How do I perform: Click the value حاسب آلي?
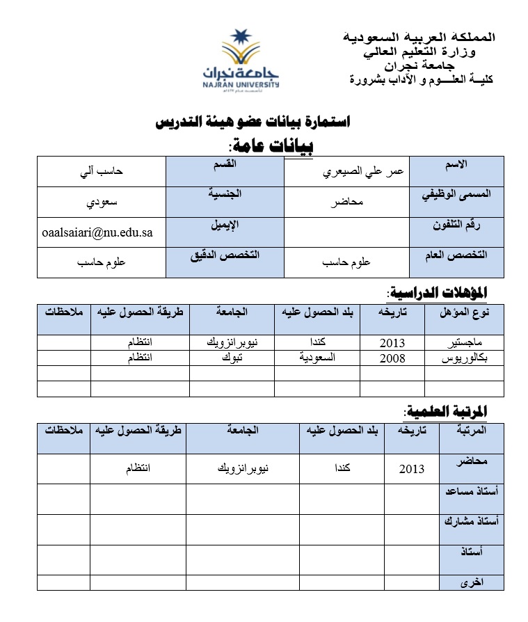(101, 172)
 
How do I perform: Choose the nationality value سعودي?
(101, 203)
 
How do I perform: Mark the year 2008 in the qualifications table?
(392, 358)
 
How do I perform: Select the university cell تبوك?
(232, 357)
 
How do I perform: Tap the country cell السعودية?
(317, 357)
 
